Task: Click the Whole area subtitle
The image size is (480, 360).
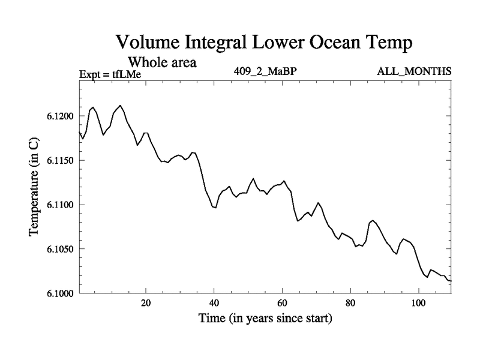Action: (163, 62)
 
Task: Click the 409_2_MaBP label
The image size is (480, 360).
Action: (266, 72)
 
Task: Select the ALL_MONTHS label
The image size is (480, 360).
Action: (414, 72)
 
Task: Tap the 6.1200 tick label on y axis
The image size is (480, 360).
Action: (59, 116)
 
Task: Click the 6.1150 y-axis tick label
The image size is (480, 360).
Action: (59, 161)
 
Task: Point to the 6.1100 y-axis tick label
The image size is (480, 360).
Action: (59, 205)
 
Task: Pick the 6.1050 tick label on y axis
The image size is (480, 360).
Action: (59, 249)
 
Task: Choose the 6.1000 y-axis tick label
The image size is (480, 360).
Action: (59, 293)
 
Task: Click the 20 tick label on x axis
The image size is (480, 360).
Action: (146, 302)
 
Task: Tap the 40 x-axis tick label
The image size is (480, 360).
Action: (214, 302)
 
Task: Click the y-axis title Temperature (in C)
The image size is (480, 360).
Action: (34, 187)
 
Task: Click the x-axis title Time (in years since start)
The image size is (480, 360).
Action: (265, 319)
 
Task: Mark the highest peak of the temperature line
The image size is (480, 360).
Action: (121, 106)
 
